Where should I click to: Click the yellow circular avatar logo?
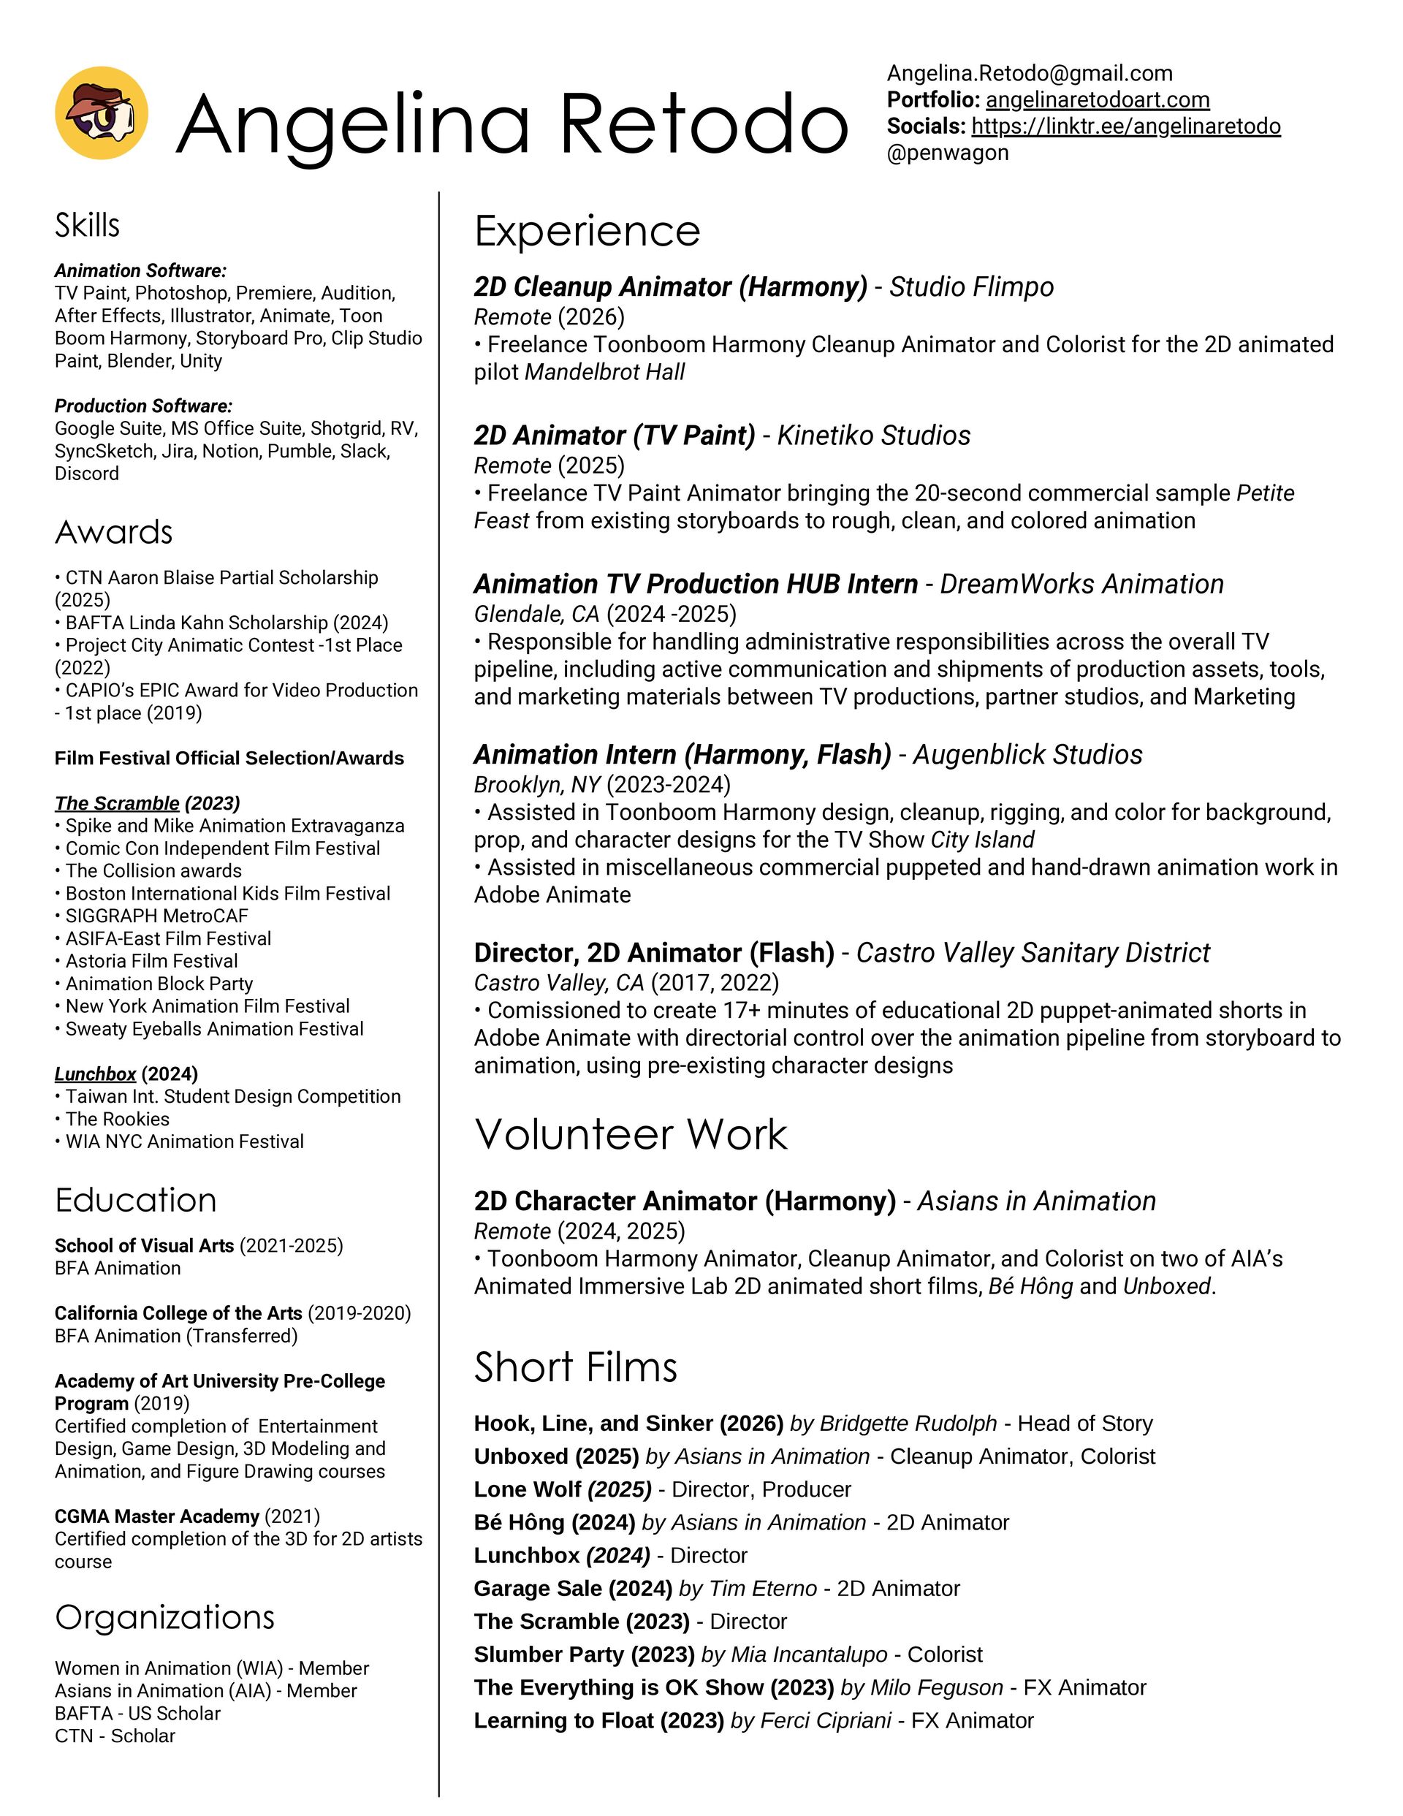click(102, 113)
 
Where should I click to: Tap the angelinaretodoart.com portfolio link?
click(1097, 100)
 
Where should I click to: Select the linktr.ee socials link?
click(1125, 126)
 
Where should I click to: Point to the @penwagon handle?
click(947, 153)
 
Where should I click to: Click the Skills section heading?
click(88, 225)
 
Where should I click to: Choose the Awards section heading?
click(114, 532)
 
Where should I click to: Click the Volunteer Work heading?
click(631, 1134)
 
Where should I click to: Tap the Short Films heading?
click(576, 1367)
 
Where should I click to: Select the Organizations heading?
click(164, 1617)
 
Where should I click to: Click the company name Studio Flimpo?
click(970, 287)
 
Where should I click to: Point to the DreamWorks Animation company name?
click(1081, 585)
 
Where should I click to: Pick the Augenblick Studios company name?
click(1027, 755)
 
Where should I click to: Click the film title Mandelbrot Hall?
click(604, 373)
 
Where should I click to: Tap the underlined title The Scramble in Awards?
click(117, 803)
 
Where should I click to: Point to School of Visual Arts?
click(145, 1245)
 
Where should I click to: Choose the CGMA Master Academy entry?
click(157, 1516)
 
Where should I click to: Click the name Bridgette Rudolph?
click(908, 1424)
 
